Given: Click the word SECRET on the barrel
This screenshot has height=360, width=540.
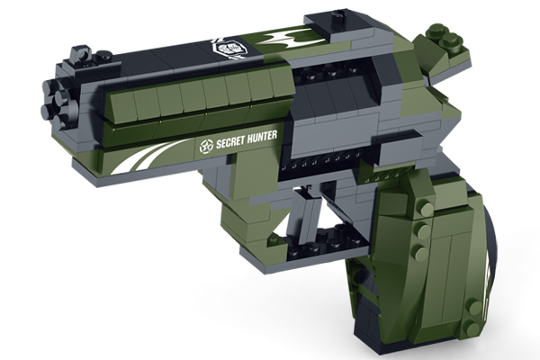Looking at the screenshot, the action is pos(230,142).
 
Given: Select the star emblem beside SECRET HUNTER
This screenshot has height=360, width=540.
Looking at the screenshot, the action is pos(207,147).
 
